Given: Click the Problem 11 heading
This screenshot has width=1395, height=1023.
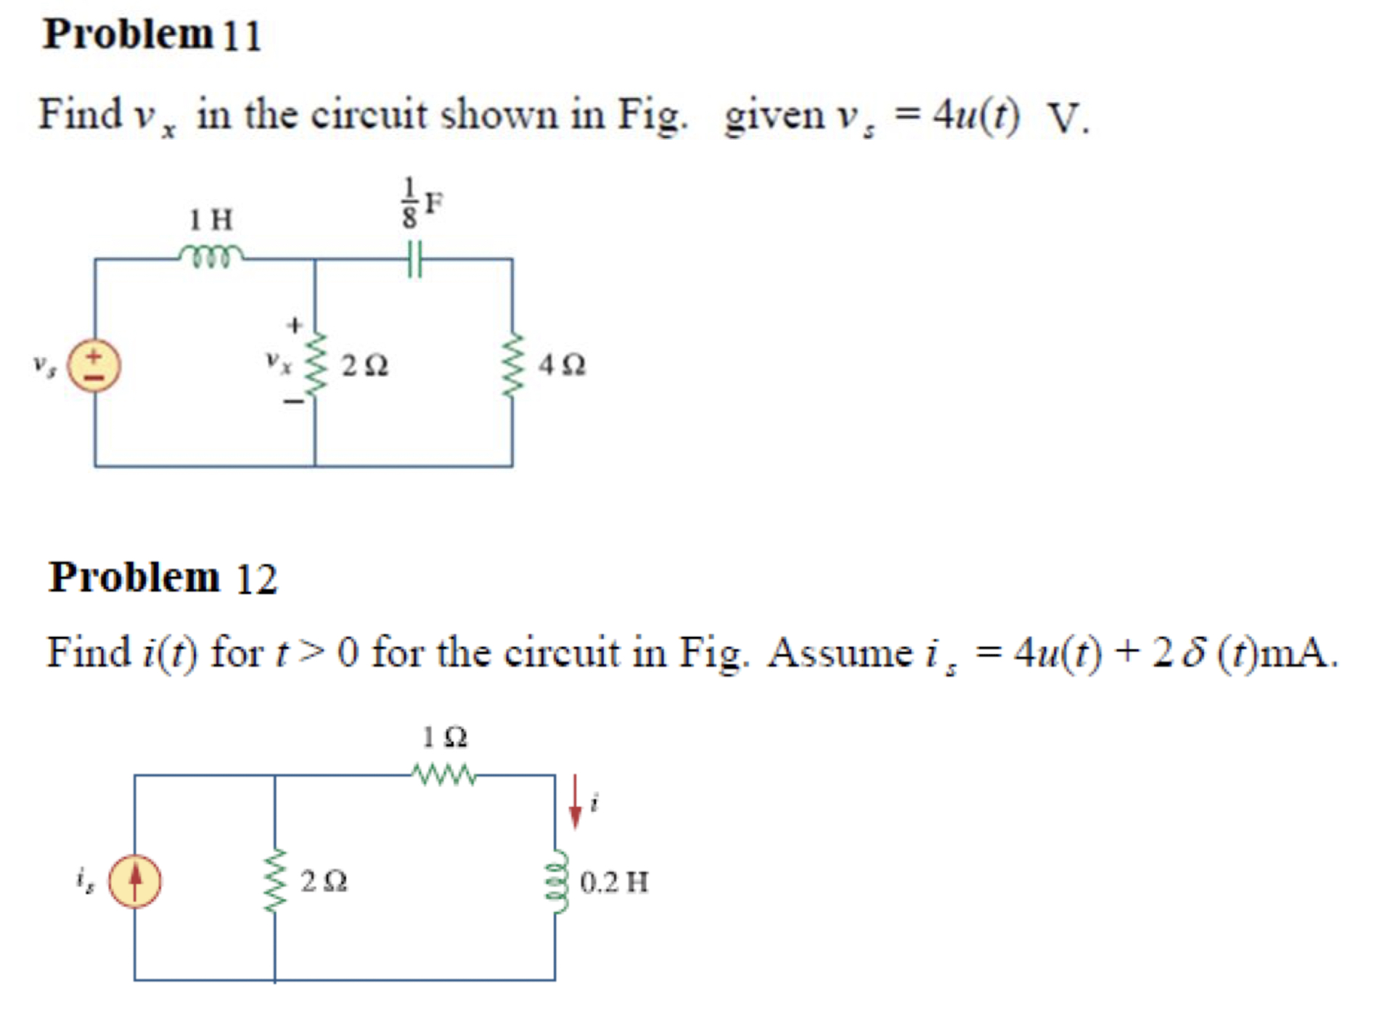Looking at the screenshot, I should (x=151, y=35).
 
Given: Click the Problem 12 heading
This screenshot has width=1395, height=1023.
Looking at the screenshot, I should (x=163, y=578).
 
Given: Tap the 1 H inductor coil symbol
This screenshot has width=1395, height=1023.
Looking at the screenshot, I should (x=211, y=256).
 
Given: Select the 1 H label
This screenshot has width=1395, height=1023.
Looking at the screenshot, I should (x=210, y=219).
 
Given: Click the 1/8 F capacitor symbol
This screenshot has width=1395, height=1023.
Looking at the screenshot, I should (x=414, y=259).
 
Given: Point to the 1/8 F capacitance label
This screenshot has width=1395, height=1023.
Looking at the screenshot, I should (x=421, y=203).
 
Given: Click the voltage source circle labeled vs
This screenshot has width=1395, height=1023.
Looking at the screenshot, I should (x=94, y=366).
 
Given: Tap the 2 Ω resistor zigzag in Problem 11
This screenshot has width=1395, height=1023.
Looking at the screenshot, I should (x=315, y=364).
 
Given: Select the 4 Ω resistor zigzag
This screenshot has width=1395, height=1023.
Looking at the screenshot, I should (x=512, y=364).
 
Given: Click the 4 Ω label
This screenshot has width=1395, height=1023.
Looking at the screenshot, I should (x=562, y=364).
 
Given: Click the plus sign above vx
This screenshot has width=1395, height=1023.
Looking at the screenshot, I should (x=294, y=325).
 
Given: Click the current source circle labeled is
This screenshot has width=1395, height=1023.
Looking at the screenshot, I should (x=135, y=882).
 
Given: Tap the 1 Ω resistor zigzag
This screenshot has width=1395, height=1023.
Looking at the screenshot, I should (x=444, y=775).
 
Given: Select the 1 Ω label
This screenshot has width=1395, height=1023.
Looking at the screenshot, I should (x=445, y=737).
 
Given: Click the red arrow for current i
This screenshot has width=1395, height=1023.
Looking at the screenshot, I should (x=576, y=801).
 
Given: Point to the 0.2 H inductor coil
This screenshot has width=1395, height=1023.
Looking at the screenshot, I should (x=557, y=882).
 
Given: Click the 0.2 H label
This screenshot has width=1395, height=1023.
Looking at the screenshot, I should (x=614, y=882).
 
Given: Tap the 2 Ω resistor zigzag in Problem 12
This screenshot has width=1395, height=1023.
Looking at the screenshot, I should (x=276, y=880).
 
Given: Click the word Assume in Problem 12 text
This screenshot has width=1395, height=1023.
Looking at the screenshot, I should (x=840, y=652).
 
